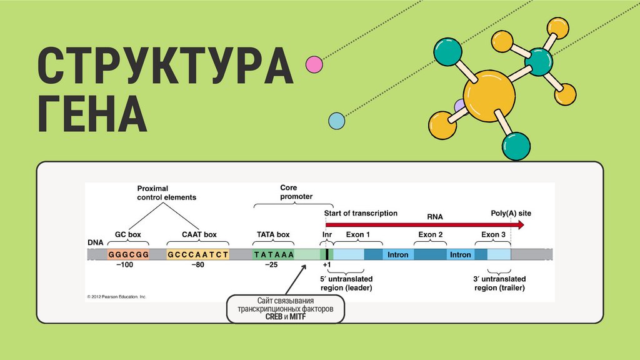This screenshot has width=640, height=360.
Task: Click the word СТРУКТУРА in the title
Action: point(165,66)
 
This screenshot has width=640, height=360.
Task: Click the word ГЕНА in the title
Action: point(92,114)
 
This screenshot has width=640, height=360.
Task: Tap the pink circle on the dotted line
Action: point(314,64)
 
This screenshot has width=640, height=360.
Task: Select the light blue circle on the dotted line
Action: point(337,121)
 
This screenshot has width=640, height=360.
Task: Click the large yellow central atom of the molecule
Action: point(489,95)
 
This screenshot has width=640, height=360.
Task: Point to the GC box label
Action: point(128,235)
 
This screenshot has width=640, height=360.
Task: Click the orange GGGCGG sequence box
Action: point(129,254)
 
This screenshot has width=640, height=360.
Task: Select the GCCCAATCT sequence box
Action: point(197,254)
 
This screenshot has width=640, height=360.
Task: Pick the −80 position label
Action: point(197,265)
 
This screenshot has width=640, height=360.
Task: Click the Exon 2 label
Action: point(431,235)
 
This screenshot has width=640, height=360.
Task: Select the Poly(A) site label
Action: point(511,213)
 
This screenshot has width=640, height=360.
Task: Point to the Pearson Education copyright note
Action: point(116,296)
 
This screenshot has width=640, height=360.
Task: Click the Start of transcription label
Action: point(361,213)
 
